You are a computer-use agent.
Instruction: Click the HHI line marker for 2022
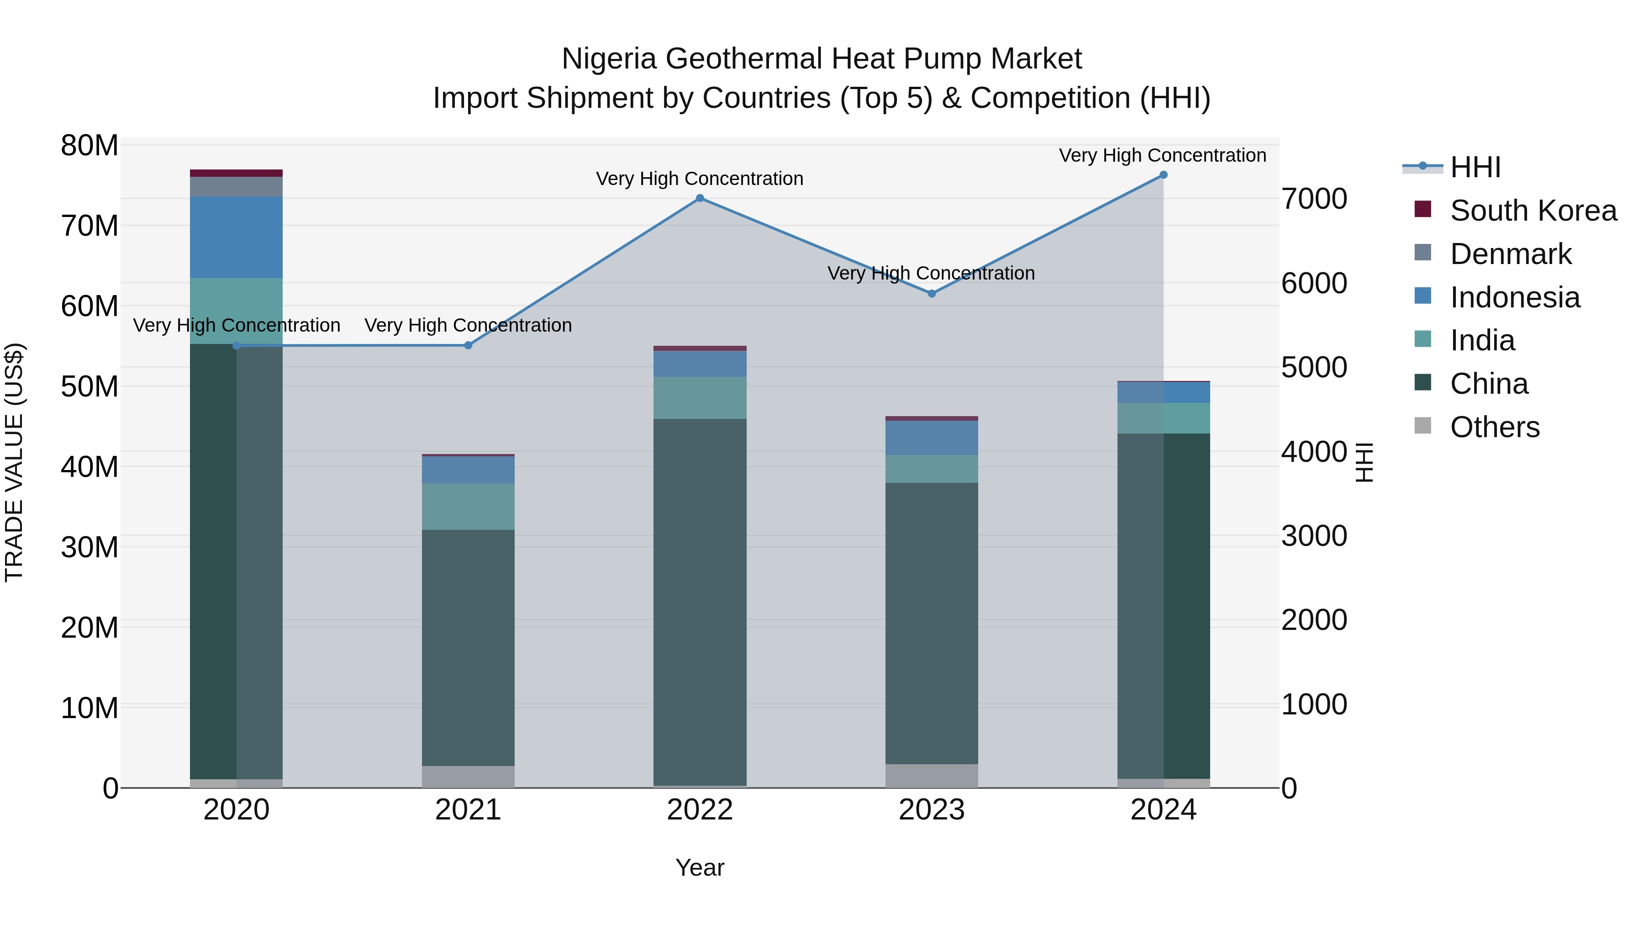pyautogui.click(x=700, y=198)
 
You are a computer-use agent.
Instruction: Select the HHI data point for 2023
pyautogui.click(x=931, y=294)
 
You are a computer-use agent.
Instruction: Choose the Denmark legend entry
pyautogui.click(x=1510, y=254)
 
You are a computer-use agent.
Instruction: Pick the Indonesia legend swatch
pyautogui.click(x=1423, y=296)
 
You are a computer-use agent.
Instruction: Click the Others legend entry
pyautogui.click(x=1494, y=427)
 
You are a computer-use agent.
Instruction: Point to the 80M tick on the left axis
pyautogui.click(x=90, y=146)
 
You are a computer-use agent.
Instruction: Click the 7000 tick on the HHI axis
pyautogui.click(x=1314, y=199)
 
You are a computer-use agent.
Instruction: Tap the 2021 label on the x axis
pyautogui.click(x=468, y=810)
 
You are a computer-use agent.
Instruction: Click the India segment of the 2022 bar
pyautogui.click(x=700, y=398)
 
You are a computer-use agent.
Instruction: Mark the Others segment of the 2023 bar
pyautogui.click(x=931, y=776)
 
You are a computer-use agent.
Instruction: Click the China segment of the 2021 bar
pyautogui.click(x=468, y=647)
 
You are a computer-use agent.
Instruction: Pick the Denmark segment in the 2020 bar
pyautogui.click(x=236, y=186)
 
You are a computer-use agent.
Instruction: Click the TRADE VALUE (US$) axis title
pyautogui.click(x=14, y=462)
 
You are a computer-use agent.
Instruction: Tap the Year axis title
pyautogui.click(x=700, y=867)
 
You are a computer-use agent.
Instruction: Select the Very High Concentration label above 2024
pyautogui.click(x=1162, y=155)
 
